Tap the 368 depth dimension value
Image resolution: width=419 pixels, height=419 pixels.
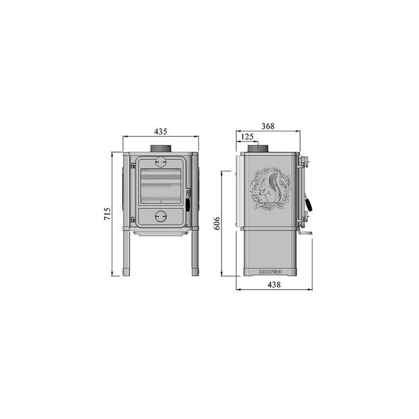pyautogui.click(x=267, y=126)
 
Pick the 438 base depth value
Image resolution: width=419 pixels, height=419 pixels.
pyautogui.click(x=273, y=285)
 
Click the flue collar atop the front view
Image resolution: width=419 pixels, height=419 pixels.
pyautogui.click(x=161, y=149)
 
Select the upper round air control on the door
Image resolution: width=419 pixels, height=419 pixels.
pyautogui.click(x=161, y=161)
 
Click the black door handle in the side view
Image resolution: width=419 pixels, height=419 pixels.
pyautogui.click(x=308, y=204)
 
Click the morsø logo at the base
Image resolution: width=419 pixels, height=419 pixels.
pyautogui.click(x=271, y=272)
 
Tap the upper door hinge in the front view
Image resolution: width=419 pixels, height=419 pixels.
pyautogui.click(x=133, y=166)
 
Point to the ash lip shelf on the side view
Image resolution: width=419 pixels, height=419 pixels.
pyautogui.click(x=306, y=233)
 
